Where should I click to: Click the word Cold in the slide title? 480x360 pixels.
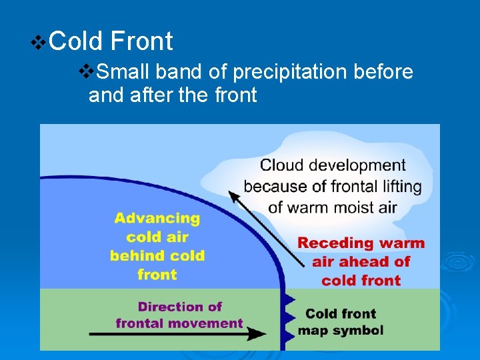pos(76,41)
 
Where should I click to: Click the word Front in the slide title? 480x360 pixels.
pos(141,41)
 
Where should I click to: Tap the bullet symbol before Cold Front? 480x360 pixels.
pos(39,43)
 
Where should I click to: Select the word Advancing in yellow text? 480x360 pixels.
pos(157,218)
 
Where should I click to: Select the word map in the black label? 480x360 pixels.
pos(309,331)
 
